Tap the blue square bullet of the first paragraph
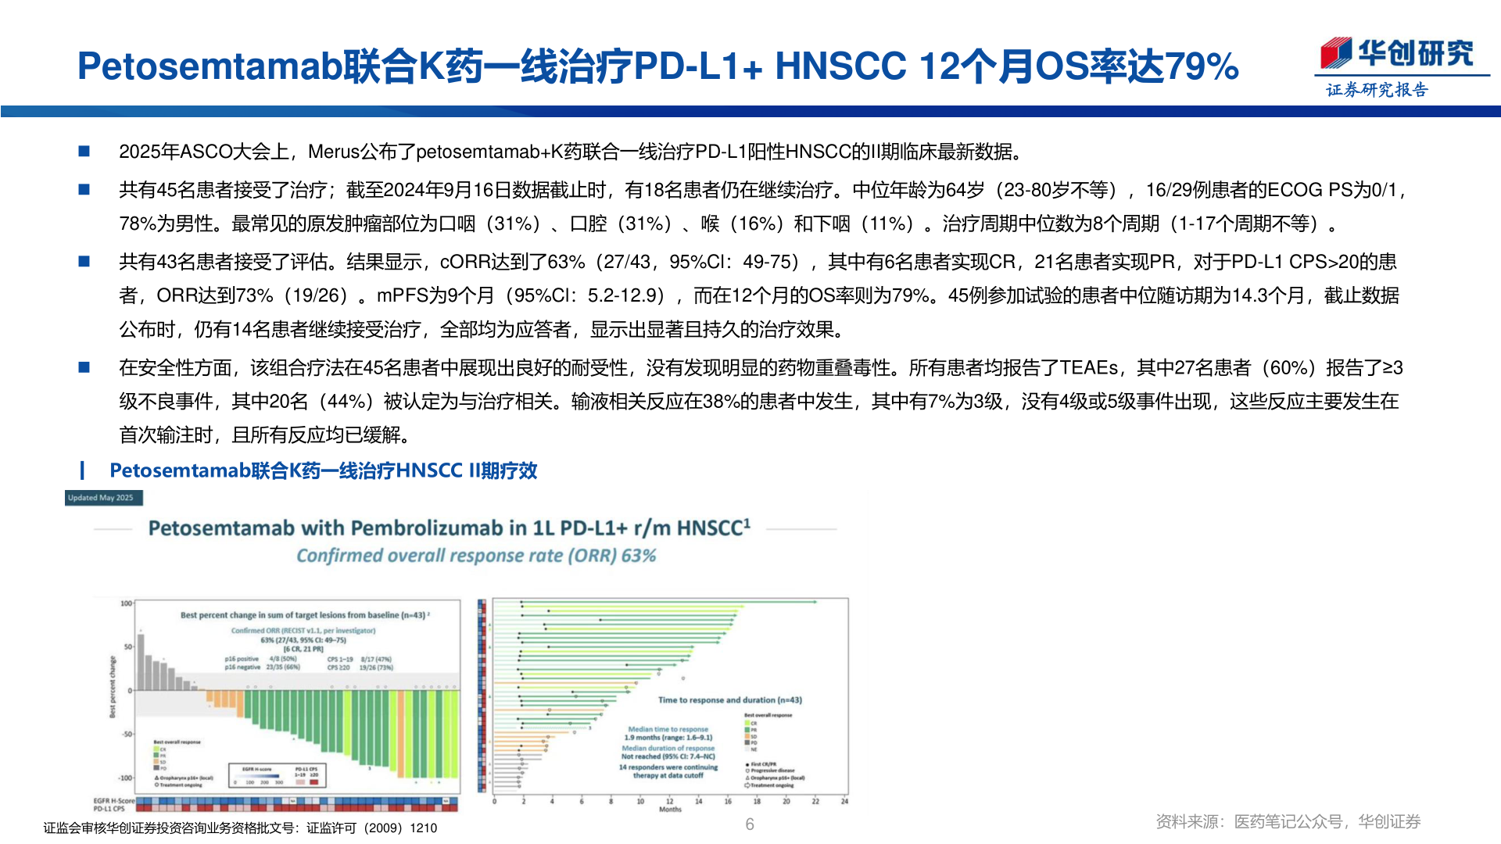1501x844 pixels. [84, 151]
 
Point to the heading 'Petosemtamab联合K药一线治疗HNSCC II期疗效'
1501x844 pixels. [323, 470]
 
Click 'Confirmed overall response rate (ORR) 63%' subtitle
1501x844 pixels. [475, 556]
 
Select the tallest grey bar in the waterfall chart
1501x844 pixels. [141, 662]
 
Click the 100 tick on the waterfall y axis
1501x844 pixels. [126, 603]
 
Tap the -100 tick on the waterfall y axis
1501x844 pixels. [125, 778]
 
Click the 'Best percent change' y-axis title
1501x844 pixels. [113, 688]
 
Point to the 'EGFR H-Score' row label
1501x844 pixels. [114, 801]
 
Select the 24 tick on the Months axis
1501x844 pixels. [844, 801]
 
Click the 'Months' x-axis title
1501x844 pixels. [670, 810]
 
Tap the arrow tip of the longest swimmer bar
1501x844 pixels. [815, 602]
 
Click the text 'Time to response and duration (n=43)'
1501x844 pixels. [729, 700]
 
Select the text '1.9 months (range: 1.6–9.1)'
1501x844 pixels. [668, 737]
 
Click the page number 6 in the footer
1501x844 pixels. [750, 824]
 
